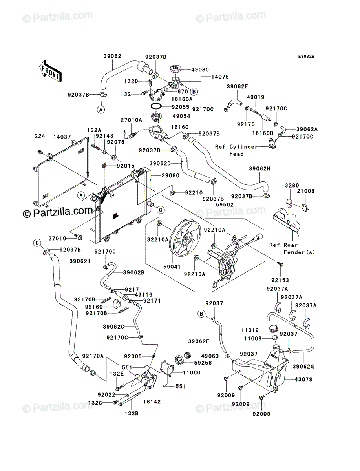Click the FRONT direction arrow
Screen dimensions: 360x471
point(50,71)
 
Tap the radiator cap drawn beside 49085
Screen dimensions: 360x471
point(175,69)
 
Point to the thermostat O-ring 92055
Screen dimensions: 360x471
point(156,106)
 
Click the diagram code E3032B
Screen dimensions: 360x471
point(306,57)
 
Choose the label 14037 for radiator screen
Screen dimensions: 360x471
point(62,137)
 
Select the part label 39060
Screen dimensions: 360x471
point(170,175)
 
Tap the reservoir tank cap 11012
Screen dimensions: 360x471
point(273,329)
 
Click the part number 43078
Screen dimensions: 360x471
point(303,379)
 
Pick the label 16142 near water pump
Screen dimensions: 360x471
point(152,402)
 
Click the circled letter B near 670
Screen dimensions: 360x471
point(194,92)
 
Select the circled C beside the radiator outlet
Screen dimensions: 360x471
point(161,210)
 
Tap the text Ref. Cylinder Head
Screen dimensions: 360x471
point(236,150)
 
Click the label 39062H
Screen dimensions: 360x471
point(259,169)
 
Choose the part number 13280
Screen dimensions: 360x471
point(290,185)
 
